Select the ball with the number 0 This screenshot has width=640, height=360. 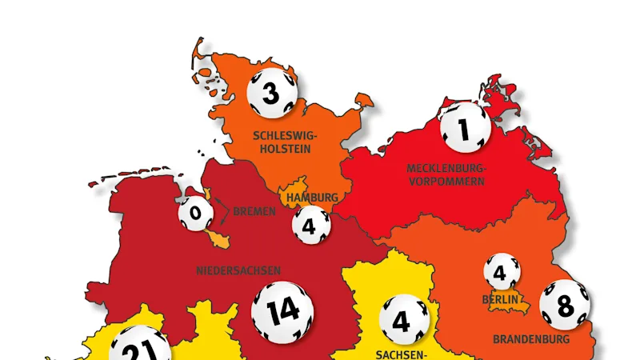click(195, 214)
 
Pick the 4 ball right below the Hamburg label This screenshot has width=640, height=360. click(310, 225)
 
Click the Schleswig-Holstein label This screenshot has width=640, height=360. click(281, 142)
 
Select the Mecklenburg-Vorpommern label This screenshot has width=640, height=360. click(446, 174)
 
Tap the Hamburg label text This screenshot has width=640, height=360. click(311, 197)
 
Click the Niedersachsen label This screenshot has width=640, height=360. click(238, 270)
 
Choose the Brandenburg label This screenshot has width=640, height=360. click(530, 339)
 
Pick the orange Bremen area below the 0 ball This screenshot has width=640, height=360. click(218, 238)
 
